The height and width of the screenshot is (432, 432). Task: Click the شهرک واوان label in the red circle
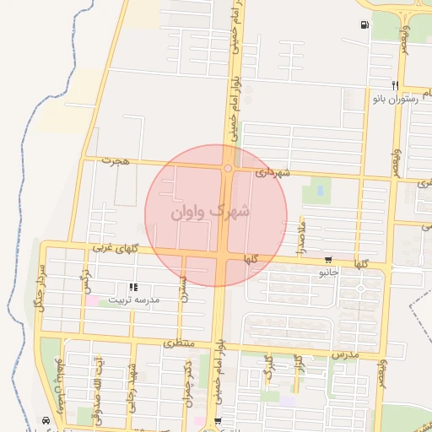coord(211,212)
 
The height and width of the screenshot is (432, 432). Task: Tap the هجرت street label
coord(112,159)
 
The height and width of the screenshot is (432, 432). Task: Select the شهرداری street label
coord(273,173)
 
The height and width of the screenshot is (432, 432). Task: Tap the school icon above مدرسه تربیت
coord(132,289)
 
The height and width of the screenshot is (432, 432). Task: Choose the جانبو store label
coord(328,273)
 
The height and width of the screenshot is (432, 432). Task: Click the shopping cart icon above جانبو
coord(327,260)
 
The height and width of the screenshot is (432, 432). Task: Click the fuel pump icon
coord(364,25)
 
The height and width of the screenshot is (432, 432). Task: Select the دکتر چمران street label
coord(186,385)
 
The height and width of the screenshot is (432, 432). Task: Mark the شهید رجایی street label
coord(131,385)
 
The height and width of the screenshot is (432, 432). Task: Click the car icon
coord(46,420)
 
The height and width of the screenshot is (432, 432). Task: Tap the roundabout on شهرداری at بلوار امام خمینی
coord(228,168)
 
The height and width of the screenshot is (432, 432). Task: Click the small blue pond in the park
coord(320,191)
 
